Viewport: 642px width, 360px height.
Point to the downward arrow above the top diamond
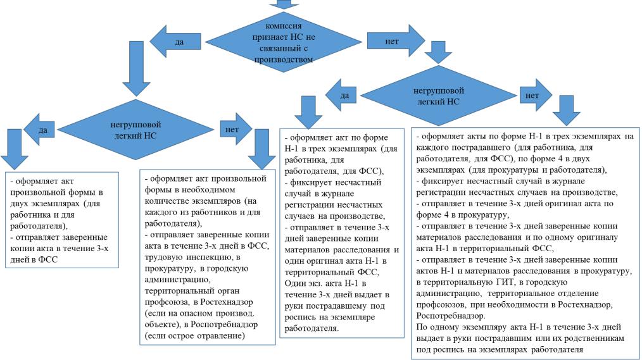tap(283, 4)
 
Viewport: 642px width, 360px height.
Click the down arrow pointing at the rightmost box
tap(566, 113)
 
